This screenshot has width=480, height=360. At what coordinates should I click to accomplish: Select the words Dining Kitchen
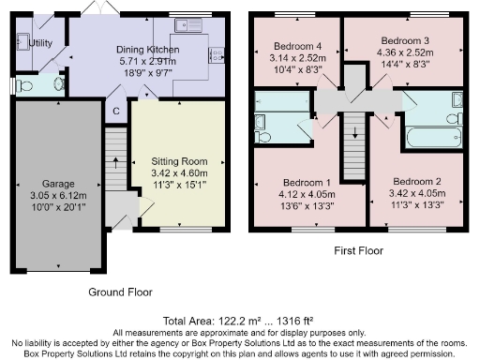pyautogui.click(x=147, y=50)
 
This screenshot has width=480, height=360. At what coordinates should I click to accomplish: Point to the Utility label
pyautogui.click(x=40, y=43)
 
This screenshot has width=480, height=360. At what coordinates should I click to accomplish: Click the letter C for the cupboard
pyautogui.click(x=115, y=112)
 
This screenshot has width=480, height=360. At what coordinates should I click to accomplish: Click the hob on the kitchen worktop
pyautogui.click(x=215, y=54)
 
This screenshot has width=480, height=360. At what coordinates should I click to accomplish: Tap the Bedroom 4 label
pyautogui.click(x=296, y=45)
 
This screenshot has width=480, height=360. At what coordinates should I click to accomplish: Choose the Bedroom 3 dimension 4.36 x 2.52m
pyautogui.click(x=404, y=54)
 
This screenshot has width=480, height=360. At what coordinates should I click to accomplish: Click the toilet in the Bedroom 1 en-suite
pyautogui.click(x=263, y=137)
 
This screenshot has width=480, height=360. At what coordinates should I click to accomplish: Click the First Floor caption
pyautogui.click(x=359, y=251)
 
